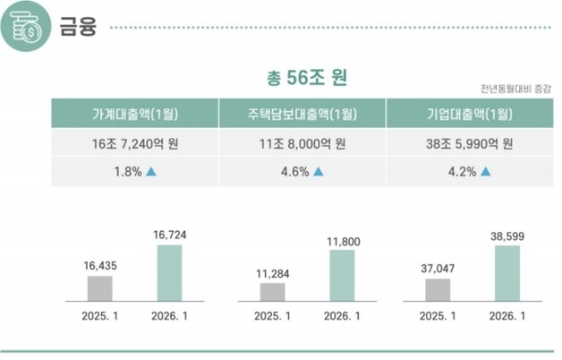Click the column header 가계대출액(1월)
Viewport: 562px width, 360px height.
click(134, 114)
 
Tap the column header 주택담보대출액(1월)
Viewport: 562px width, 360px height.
click(302, 114)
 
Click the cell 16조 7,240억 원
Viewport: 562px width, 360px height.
click(134, 142)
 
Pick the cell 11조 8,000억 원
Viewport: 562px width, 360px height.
click(302, 142)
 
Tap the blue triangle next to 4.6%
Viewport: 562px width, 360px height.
click(318, 171)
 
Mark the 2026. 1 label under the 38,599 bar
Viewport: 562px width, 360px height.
click(507, 315)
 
